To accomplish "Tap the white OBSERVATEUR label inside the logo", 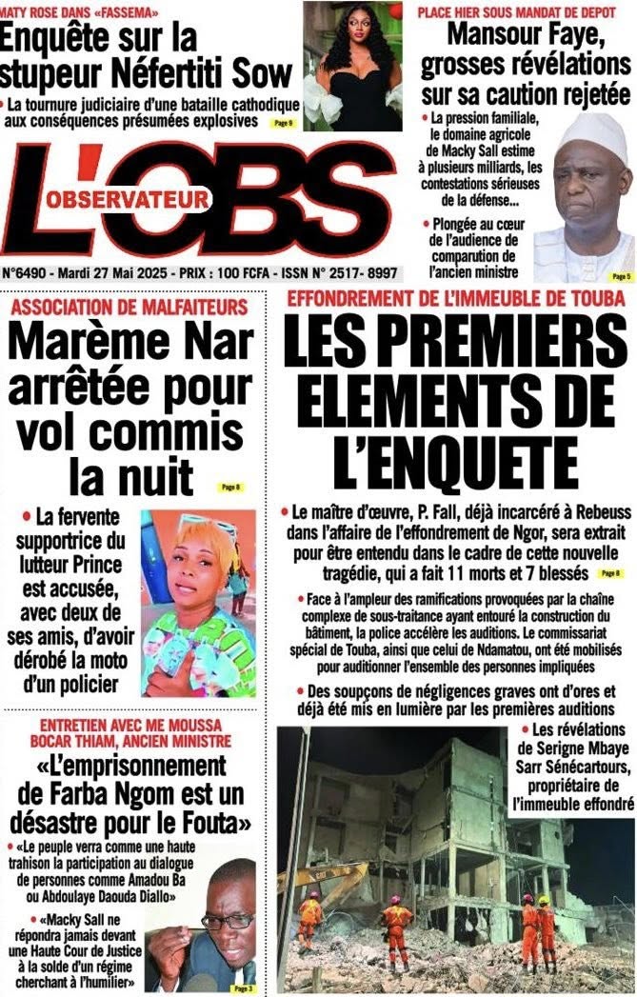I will (x=139, y=199).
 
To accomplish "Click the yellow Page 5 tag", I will (x=621, y=276).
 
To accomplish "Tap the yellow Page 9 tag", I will (x=283, y=124).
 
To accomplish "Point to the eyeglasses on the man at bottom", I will (x=227, y=920).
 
